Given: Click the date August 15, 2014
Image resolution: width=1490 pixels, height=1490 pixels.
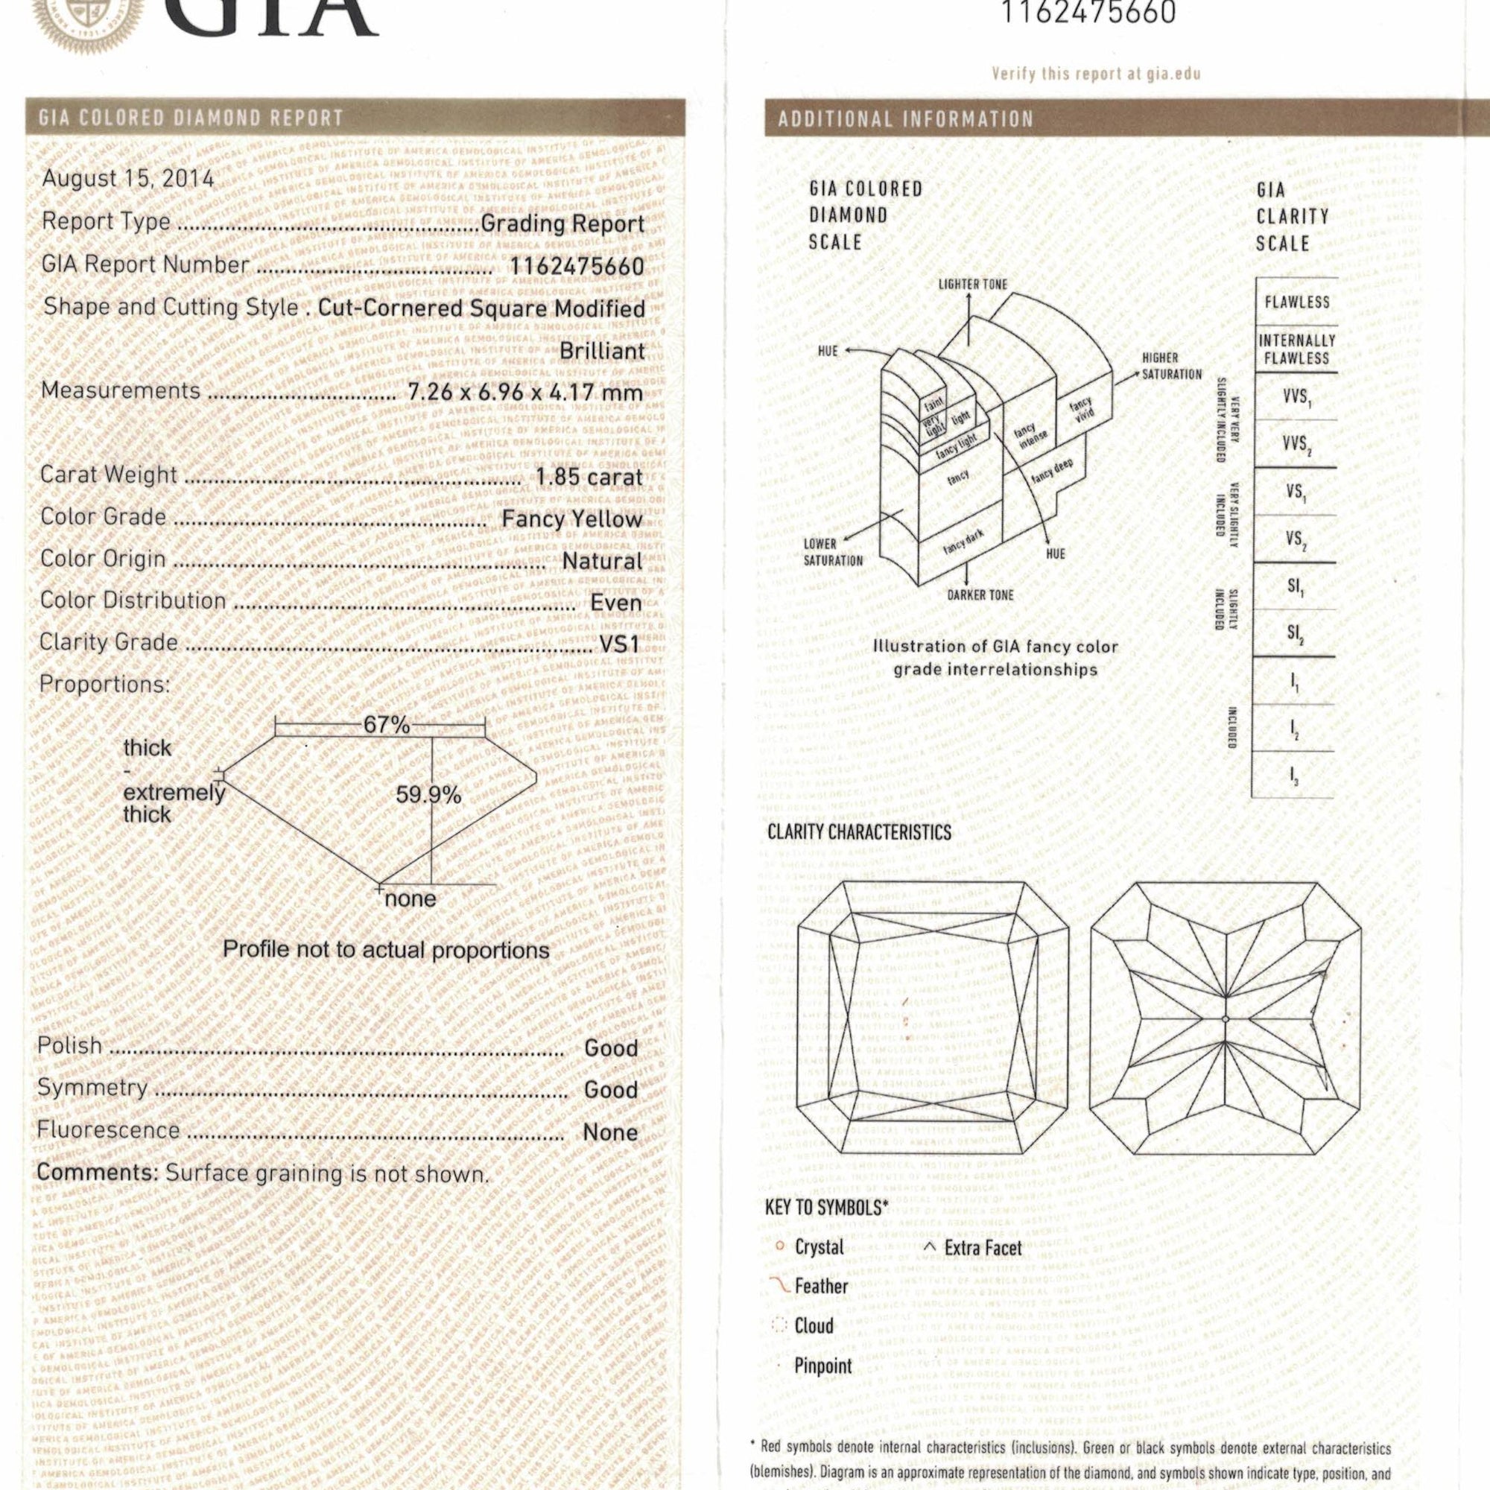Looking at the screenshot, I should point(128,179).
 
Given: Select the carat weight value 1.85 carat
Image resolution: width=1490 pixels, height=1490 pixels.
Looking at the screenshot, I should point(589,478).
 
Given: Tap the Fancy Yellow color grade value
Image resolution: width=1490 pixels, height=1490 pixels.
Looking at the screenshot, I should point(571,519).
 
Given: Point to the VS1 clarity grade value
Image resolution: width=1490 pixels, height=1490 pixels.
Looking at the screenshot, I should point(619,643).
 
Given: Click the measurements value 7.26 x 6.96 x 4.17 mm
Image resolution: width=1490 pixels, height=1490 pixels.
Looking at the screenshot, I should point(525,393).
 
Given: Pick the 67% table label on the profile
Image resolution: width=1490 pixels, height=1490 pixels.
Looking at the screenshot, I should point(387,725).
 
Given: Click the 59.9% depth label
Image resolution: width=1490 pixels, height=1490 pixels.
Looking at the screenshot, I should point(428,794).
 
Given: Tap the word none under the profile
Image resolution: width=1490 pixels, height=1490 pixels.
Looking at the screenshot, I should point(410,899).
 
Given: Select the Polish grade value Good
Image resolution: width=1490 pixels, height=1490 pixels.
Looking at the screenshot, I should point(611,1048).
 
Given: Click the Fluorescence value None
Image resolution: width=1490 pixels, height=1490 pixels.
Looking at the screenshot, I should point(611,1133).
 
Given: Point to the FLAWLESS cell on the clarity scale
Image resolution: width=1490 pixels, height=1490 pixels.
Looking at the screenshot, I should point(1296,302).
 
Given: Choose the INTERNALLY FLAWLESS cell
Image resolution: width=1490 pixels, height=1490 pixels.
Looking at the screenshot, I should point(1296,349).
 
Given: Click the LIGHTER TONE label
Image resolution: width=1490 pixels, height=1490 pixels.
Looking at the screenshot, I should point(972,285).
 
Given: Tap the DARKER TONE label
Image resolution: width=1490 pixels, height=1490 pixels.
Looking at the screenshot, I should point(980,595).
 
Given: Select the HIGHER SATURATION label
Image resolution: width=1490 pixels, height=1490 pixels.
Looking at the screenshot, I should point(1170,367).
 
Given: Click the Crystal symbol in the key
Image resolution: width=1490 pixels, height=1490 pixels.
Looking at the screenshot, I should point(780,1246).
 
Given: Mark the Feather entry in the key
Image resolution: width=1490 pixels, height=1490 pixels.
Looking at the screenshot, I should point(820,1287).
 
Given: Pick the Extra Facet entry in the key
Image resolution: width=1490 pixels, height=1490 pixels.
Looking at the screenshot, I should point(982,1248).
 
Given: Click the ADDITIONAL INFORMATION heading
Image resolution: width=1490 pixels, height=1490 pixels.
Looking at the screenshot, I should point(904,119).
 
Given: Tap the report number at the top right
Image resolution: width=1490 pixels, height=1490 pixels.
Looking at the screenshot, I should point(1088,14).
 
